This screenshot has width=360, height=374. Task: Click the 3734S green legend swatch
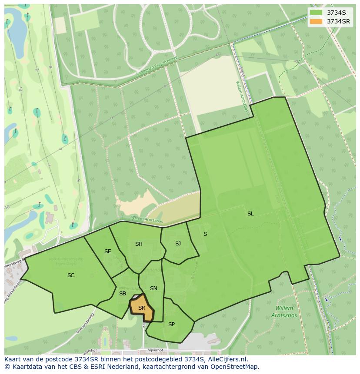pyautogui.click(x=316, y=12)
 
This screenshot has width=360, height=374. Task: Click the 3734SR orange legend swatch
pyautogui.click(x=316, y=21)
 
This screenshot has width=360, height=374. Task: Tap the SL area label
pyautogui.click(x=250, y=214)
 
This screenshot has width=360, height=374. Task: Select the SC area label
pyautogui.click(x=71, y=275)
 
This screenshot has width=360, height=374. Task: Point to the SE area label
pyautogui.click(x=108, y=252)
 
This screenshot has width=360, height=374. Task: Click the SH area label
pyautogui.click(x=139, y=244)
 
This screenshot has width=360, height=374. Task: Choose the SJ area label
pyautogui.click(x=178, y=244)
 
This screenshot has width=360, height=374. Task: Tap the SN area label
pyautogui.click(x=153, y=288)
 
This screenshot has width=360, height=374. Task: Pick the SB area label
pyautogui.click(x=123, y=294)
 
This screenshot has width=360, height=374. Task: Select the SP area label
pyautogui.click(x=171, y=324)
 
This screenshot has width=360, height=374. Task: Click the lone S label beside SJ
pyautogui.click(x=205, y=234)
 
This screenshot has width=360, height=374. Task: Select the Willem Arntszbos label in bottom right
pyautogui.click(x=284, y=312)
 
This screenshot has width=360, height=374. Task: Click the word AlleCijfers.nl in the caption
pyautogui.click(x=227, y=359)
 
